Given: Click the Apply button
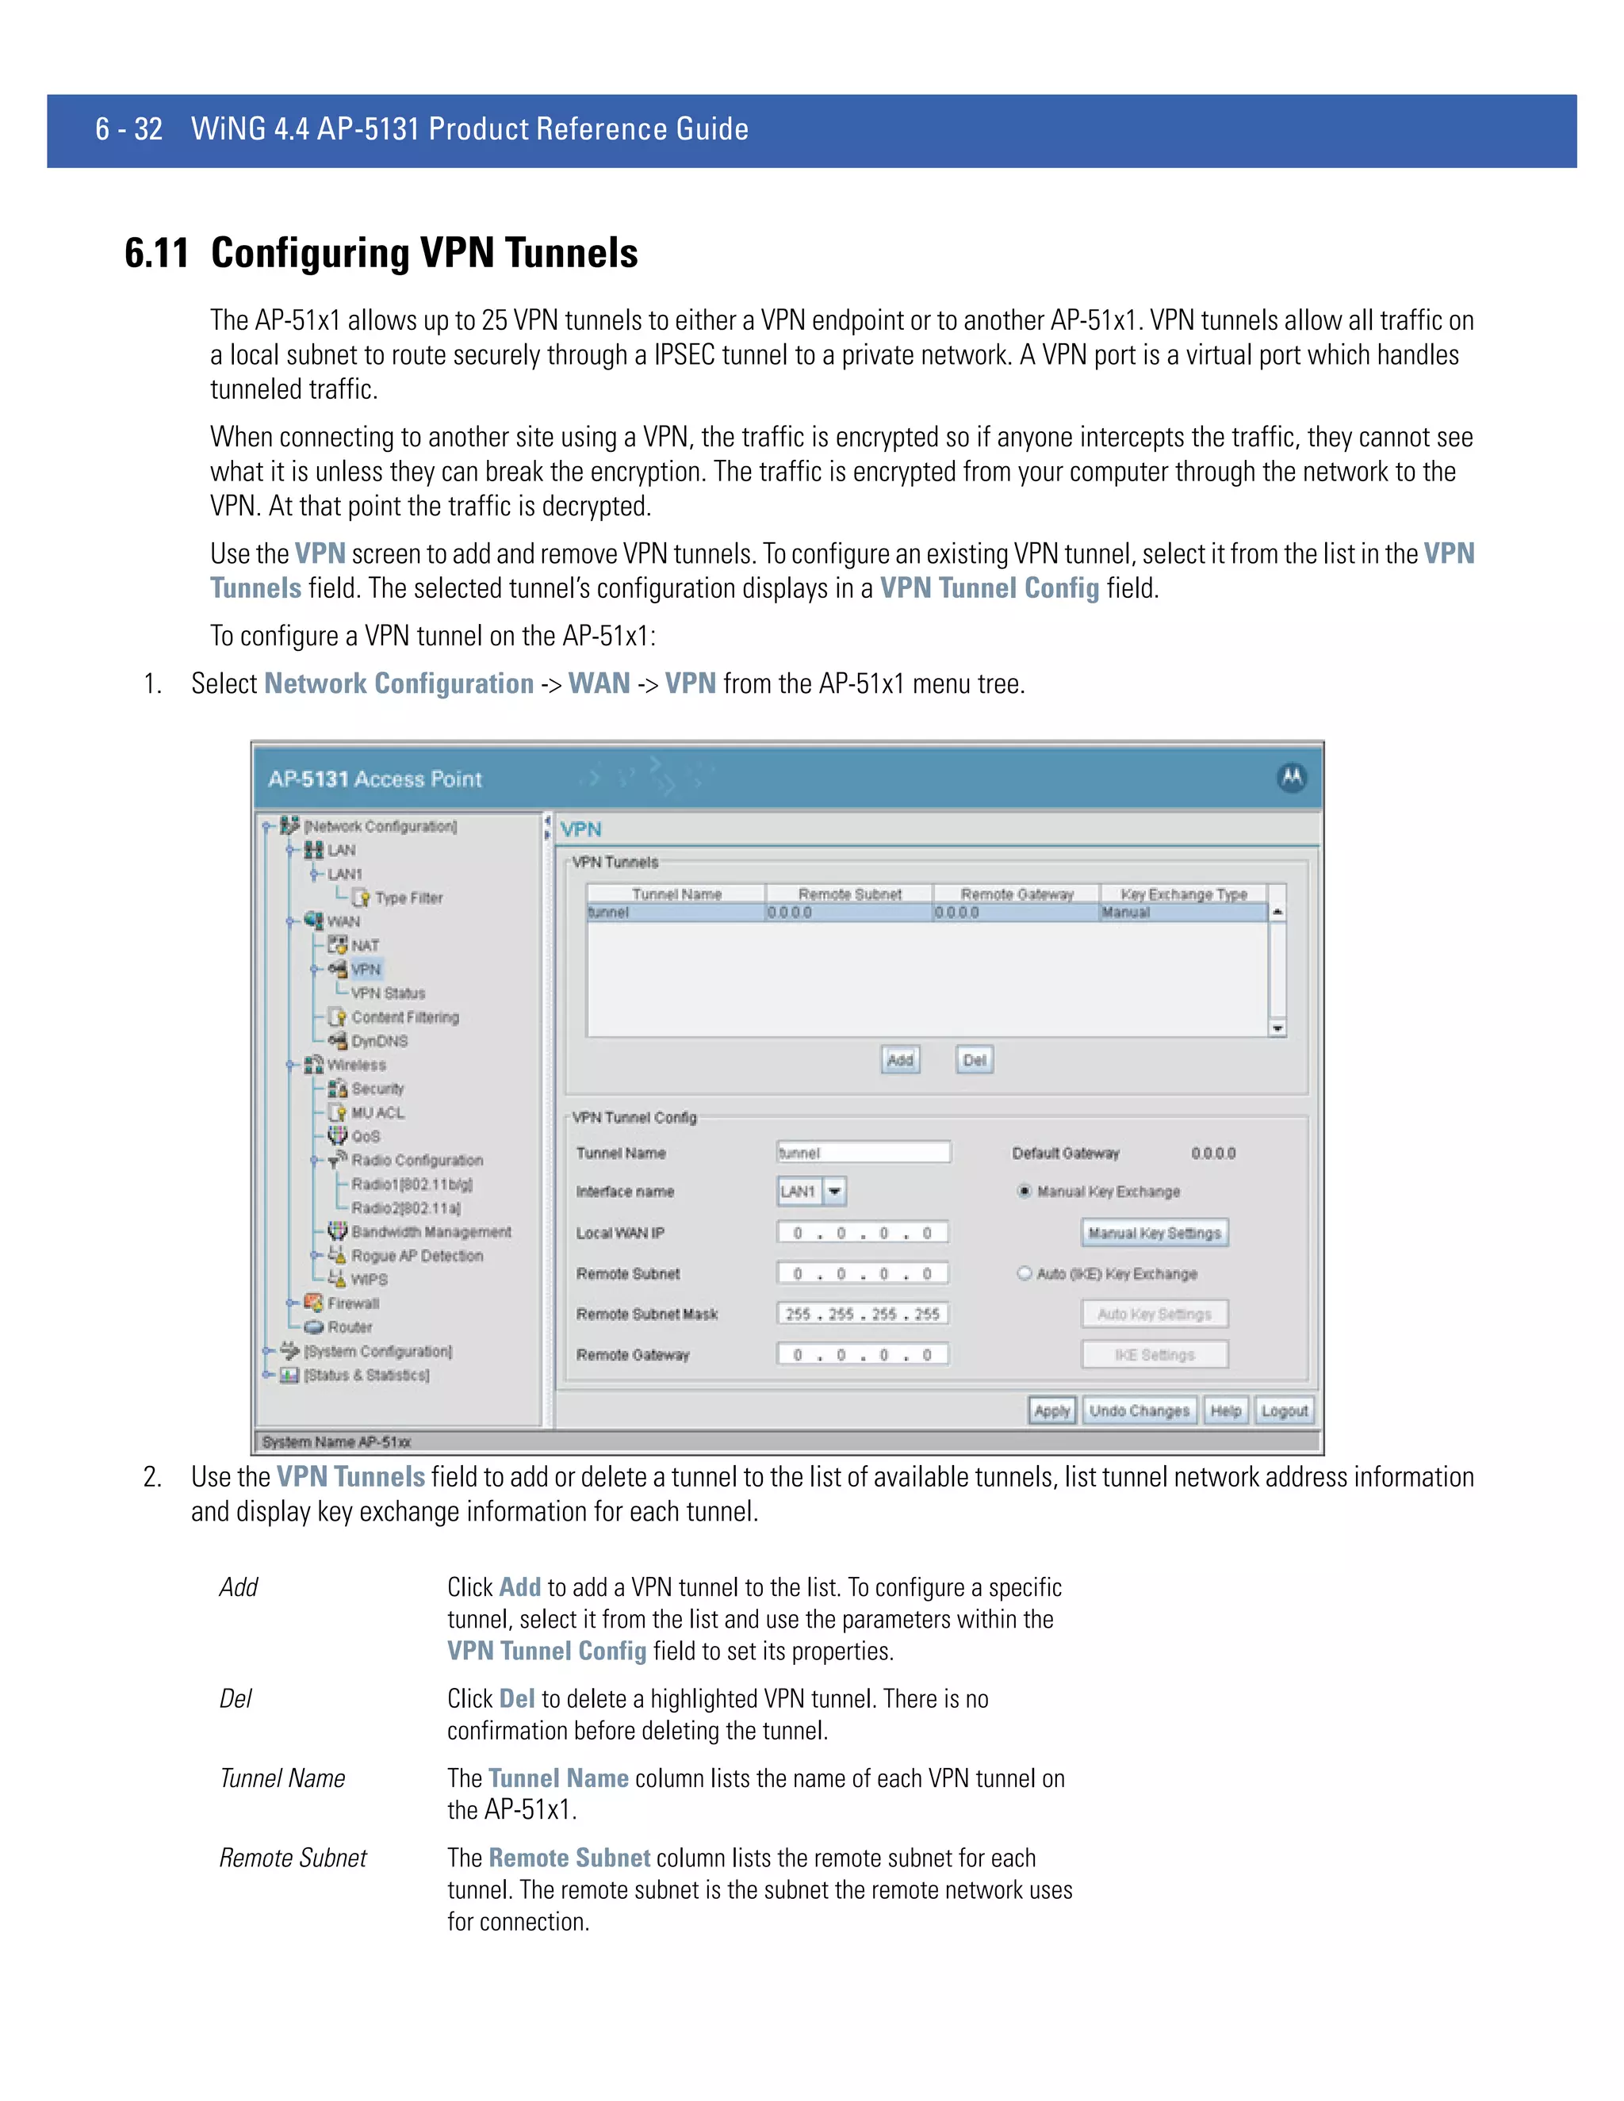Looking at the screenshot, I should click(1051, 1410).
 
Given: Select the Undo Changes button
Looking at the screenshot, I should click(1139, 1410).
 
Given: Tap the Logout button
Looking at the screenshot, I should click(1285, 1410).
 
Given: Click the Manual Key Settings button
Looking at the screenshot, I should click(1155, 1234).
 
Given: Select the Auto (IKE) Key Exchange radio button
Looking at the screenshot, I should click(1025, 1274).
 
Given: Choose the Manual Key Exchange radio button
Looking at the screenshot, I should click(1025, 1191).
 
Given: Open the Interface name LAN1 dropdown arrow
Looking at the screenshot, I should click(835, 1192).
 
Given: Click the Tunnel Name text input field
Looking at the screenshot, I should click(863, 1153).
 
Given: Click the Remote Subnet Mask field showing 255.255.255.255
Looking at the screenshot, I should click(863, 1314).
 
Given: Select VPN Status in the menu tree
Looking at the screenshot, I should click(388, 993).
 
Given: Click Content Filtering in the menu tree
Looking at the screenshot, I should click(405, 1017).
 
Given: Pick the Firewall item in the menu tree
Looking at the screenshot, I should click(353, 1303).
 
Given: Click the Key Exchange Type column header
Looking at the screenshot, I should click(1183, 894).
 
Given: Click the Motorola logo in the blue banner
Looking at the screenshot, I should click(1291, 777).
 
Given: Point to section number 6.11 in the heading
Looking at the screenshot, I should click(157, 253).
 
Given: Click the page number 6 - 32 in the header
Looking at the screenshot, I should click(129, 129).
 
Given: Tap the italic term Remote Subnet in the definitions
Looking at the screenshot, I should click(293, 1858).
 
